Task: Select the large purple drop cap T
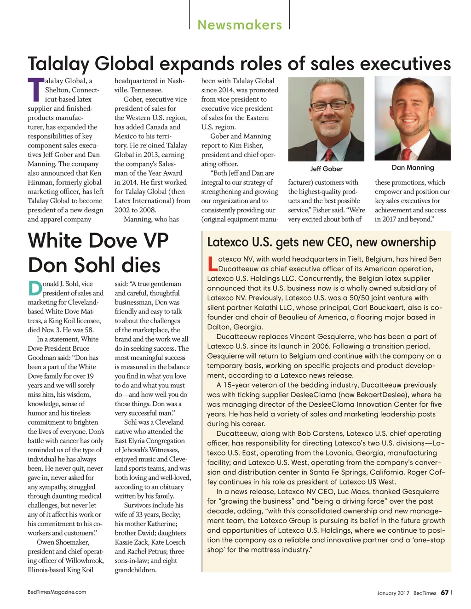[x=36, y=90]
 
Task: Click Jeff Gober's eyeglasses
[x=328, y=106]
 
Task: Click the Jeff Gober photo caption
[x=326, y=169]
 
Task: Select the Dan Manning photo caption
[x=413, y=167]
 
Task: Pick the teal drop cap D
[x=35, y=288]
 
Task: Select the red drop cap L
[x=212, y=264]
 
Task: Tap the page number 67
[x=444, y=592]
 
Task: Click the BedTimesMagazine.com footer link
[x=57, y=592]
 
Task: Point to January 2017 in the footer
[x=393, y=593]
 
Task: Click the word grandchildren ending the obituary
[x=135, y=570]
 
